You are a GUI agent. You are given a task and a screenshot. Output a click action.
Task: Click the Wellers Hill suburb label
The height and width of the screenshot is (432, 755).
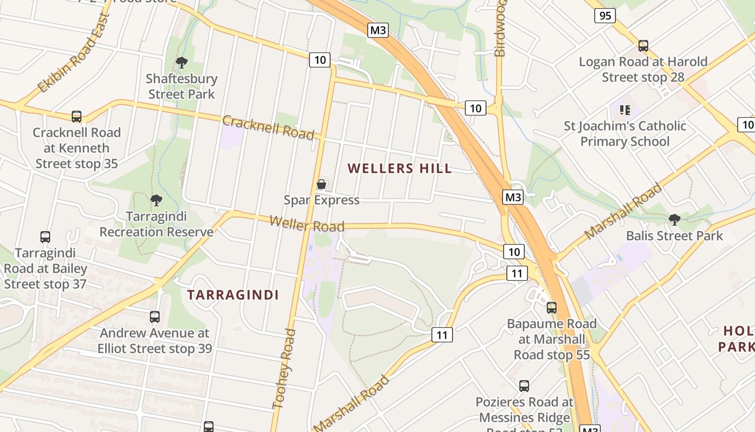[x=400, y=168]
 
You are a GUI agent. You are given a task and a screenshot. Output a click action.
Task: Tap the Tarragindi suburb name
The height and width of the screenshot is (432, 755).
[x=233, y=295]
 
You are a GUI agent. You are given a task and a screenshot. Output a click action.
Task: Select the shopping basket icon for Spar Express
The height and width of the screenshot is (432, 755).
[x=321, y=185]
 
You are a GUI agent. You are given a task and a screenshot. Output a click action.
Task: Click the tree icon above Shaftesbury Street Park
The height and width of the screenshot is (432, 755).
[x=182, y=63]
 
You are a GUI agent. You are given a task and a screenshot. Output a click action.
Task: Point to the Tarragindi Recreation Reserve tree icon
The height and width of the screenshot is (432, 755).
[x=156, y=201]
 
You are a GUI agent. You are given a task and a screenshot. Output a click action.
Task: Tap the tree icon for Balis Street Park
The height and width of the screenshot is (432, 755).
[x=674, y=220]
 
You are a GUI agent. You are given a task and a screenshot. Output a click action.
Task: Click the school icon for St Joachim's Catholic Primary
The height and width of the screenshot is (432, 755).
[x=625, y=110]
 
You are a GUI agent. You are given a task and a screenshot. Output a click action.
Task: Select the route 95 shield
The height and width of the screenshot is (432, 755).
[x=605, y=16]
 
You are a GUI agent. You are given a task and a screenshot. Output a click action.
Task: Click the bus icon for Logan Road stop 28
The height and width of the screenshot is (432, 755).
[x=643, y=46]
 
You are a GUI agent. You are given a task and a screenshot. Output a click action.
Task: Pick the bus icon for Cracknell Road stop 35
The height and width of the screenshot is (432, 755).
[x=77, y=117]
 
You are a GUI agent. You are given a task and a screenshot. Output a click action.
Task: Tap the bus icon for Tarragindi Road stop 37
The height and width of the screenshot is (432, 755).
[x=45, y=237]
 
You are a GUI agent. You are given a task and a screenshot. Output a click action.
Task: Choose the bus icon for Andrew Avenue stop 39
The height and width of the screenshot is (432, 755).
[x=155, y=317]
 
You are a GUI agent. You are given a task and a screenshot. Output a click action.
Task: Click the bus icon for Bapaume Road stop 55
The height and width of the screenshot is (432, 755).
[x=551, y=308]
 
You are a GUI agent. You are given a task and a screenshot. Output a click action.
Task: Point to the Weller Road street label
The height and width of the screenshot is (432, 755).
[x=306, y=224]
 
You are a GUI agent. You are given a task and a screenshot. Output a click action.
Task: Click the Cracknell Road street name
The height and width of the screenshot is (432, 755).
[x=268, y=128]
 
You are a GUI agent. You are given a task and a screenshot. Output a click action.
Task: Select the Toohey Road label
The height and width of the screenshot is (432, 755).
[x=284, y=368]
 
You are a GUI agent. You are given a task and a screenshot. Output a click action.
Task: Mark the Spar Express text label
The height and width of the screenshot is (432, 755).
[x=321, y=200]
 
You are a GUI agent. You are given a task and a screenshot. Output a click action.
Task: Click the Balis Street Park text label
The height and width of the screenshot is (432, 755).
[x=674, y=236]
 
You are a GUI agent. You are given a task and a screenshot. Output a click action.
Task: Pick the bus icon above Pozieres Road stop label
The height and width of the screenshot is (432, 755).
[x=524, y=386]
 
